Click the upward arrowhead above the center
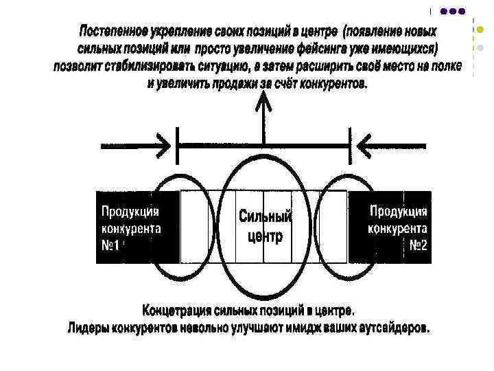coord(263,104)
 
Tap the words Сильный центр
coord(265,227)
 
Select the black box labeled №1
coord(137,227)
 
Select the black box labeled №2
coord(390,227)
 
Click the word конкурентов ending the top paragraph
coord(332,84)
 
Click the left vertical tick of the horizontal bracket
coord(178,146)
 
